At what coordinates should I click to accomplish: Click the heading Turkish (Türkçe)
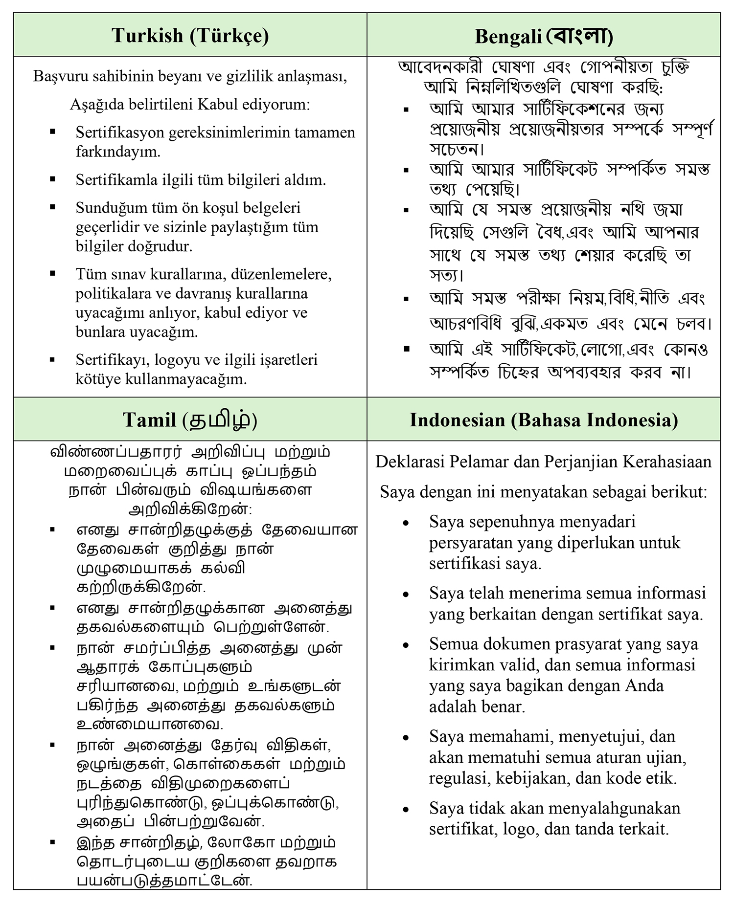point(190,36)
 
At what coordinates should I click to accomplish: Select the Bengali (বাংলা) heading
point(544,36)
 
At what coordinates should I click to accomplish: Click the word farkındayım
point(118,152)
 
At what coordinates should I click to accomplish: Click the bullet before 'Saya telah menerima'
point(406,595)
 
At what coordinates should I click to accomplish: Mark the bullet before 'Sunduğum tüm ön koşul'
point(52,207)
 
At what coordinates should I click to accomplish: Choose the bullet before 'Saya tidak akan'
point(406,810)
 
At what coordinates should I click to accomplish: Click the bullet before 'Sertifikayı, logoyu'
point(52,360)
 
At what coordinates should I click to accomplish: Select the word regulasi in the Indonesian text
point(458,778)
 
